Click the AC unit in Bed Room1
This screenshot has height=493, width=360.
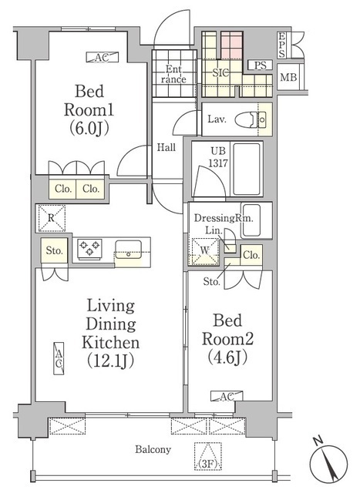coord(102,56)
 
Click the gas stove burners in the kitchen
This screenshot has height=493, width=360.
coord(89,249)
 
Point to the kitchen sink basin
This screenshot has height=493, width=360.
coord(127,250)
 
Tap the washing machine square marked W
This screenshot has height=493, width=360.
coord(204,250)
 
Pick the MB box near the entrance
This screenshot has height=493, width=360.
coord(288,78)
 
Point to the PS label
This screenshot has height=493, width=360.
coord(260,65)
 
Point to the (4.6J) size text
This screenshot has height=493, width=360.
coord(227,357)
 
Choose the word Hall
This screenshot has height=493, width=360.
coord(167,146)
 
